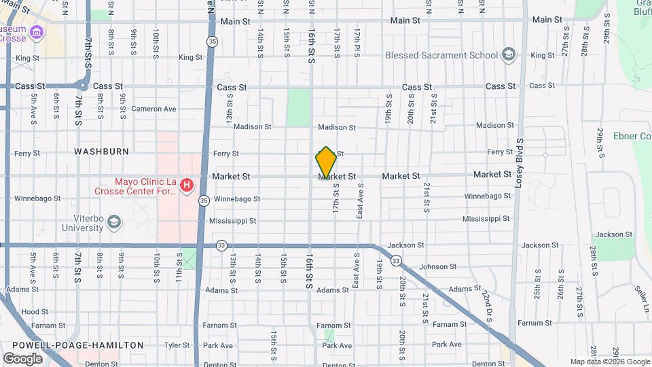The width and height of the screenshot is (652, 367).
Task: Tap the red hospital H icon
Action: click(185, 185)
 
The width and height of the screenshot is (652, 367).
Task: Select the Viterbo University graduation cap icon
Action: click(114, 222)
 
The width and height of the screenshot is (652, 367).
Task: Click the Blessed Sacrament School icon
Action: click(508, 55)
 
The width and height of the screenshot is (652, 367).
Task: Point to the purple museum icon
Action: click(37, 32)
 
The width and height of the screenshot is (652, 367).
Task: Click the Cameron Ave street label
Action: click(153, 109)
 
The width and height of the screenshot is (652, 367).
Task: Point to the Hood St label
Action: click(30, 311)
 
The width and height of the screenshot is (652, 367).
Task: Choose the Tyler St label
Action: click(176, 345)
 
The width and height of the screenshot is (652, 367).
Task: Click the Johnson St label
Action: click(437, 267)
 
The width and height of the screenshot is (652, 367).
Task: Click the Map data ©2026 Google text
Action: click(609, 362)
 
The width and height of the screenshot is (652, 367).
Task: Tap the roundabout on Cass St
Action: click(81, 86)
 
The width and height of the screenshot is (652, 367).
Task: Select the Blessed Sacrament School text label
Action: click(441, 55)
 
